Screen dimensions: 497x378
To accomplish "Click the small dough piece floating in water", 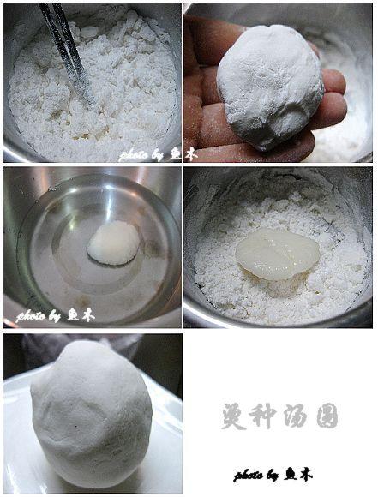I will click(x=113, y=243).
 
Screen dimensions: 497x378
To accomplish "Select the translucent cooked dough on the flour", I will click(x=277, y=253).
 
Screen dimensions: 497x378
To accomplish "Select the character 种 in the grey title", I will click(x=264, y=416).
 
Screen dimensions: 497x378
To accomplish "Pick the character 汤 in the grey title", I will click(x=296, y=416).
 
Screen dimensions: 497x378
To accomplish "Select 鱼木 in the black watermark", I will click(x=299, y=474).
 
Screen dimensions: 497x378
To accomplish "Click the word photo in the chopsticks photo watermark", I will click(x=135, y=155).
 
